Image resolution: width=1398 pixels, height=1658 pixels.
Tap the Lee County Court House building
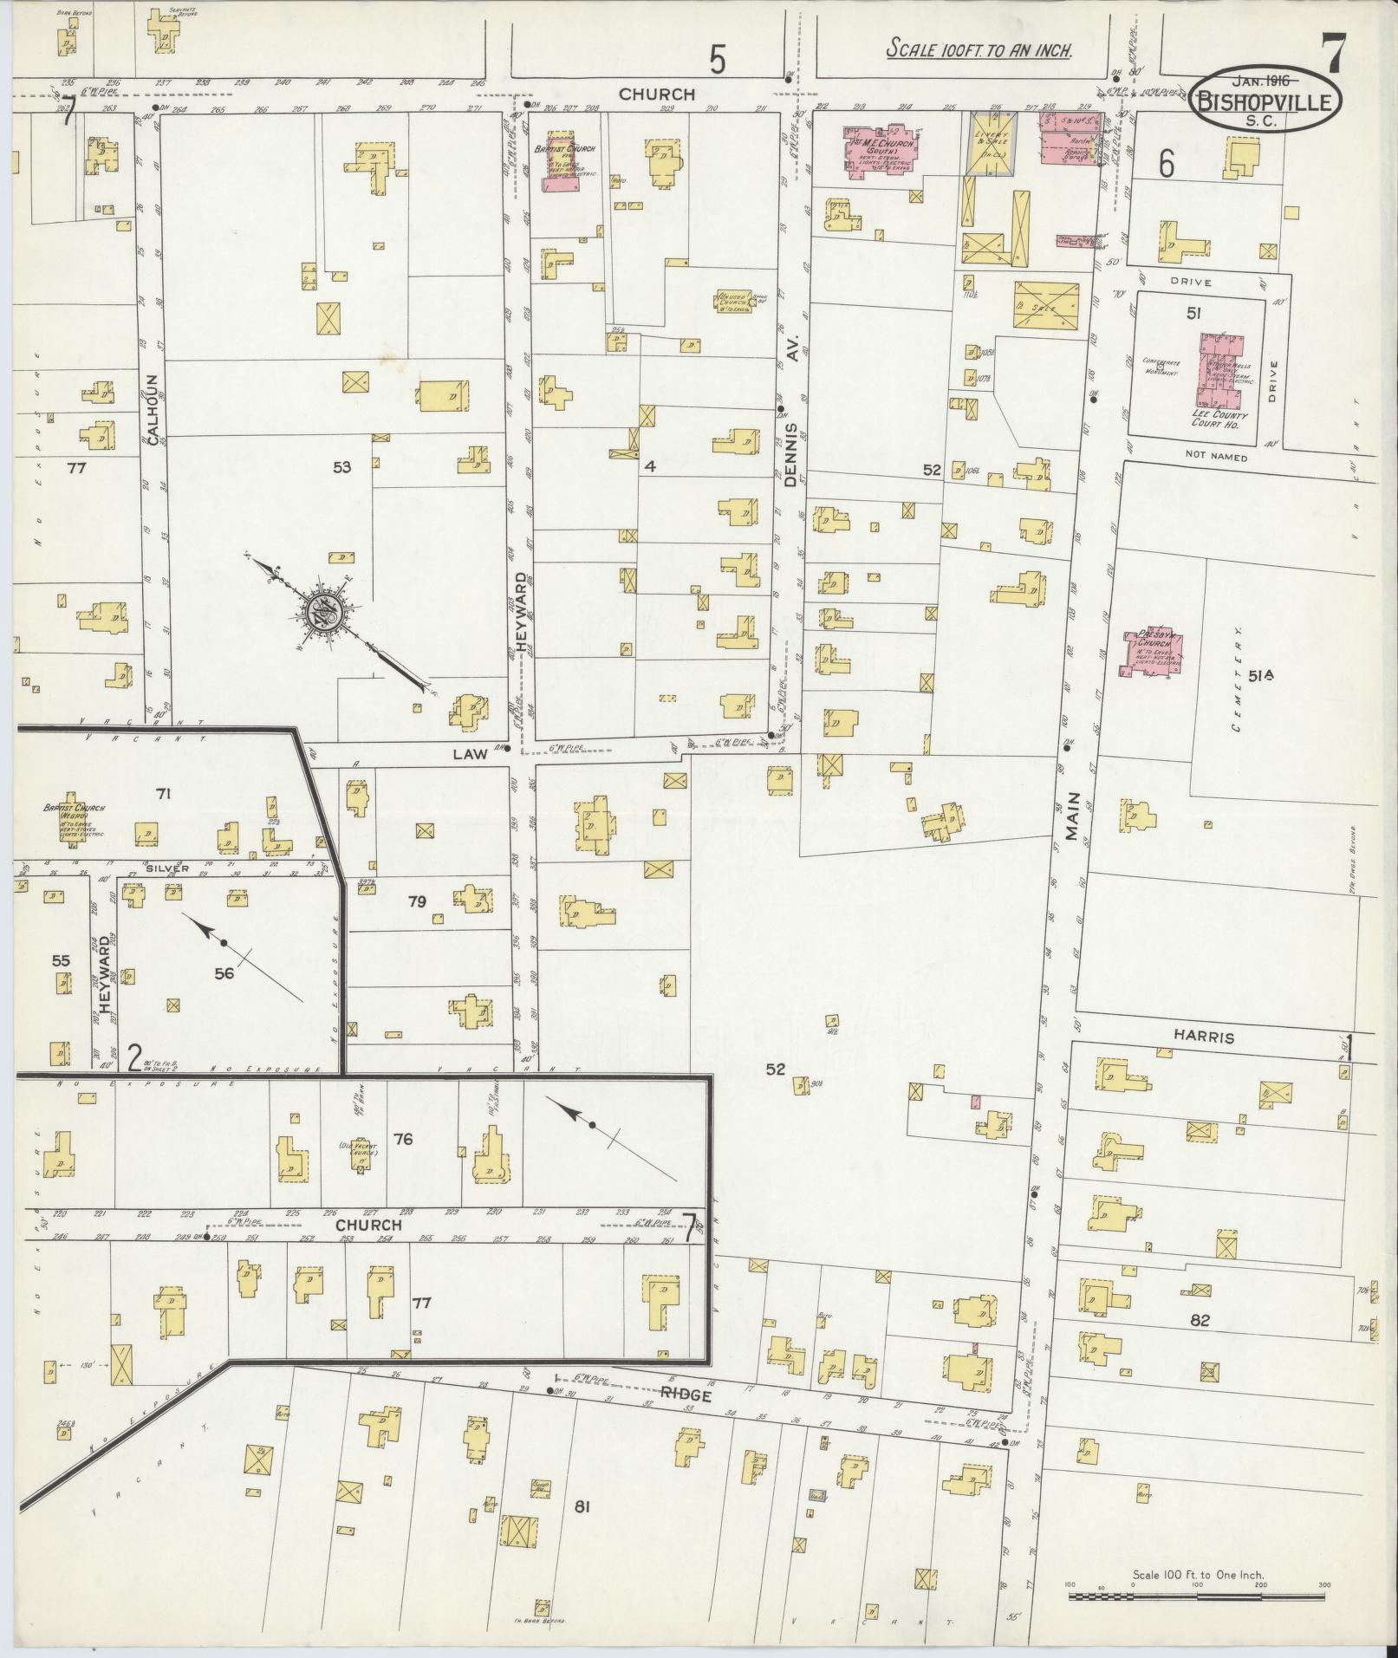1218,371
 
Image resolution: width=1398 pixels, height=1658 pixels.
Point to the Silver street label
167,868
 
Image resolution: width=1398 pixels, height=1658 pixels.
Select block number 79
417,902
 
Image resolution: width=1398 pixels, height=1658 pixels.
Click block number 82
1200,1322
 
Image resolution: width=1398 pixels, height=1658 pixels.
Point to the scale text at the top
979,49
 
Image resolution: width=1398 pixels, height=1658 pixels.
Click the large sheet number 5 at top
717,60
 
